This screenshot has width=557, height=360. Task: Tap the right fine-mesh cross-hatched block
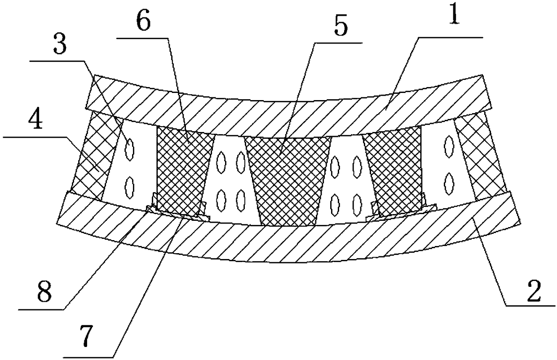click(x=393, y=168)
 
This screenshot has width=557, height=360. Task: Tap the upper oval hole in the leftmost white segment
click(x=130, y=149)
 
